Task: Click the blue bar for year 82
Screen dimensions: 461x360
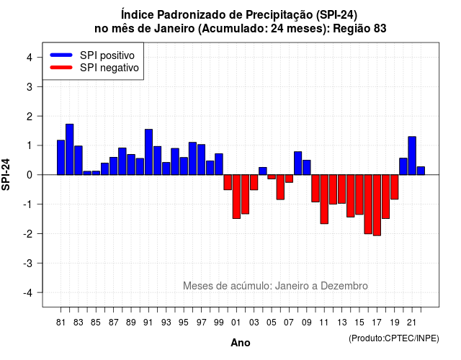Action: pos(70,150)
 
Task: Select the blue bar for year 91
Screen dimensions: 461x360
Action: pos(149,152)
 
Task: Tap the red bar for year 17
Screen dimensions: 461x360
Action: pos(377,205)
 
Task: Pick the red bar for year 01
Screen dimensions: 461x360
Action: pos(236,197)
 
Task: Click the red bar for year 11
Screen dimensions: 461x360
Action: pos(324,199)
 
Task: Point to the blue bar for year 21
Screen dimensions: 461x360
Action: pos(412,156)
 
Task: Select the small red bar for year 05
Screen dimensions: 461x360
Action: pos(272,177)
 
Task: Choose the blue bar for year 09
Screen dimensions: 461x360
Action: pos(307,168)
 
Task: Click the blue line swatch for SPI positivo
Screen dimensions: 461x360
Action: pos(61,55)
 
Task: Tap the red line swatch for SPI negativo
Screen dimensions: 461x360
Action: pos(61,68)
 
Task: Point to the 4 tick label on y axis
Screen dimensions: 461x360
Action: pos(30,58)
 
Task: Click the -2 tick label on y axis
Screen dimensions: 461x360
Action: pos(28,233)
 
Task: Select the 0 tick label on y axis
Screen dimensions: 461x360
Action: pos(30,175)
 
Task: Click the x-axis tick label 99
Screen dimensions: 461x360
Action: pos(219,323)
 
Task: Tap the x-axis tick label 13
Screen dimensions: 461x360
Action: pos(342,323)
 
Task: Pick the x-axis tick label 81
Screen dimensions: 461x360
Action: pos(61,323)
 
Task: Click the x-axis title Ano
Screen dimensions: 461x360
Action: pos(241,343)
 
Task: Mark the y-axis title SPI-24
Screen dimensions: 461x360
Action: pos(6,174)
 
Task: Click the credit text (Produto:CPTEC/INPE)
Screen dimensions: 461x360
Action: pos(394,338)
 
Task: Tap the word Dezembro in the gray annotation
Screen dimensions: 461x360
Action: pos(344,286)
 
